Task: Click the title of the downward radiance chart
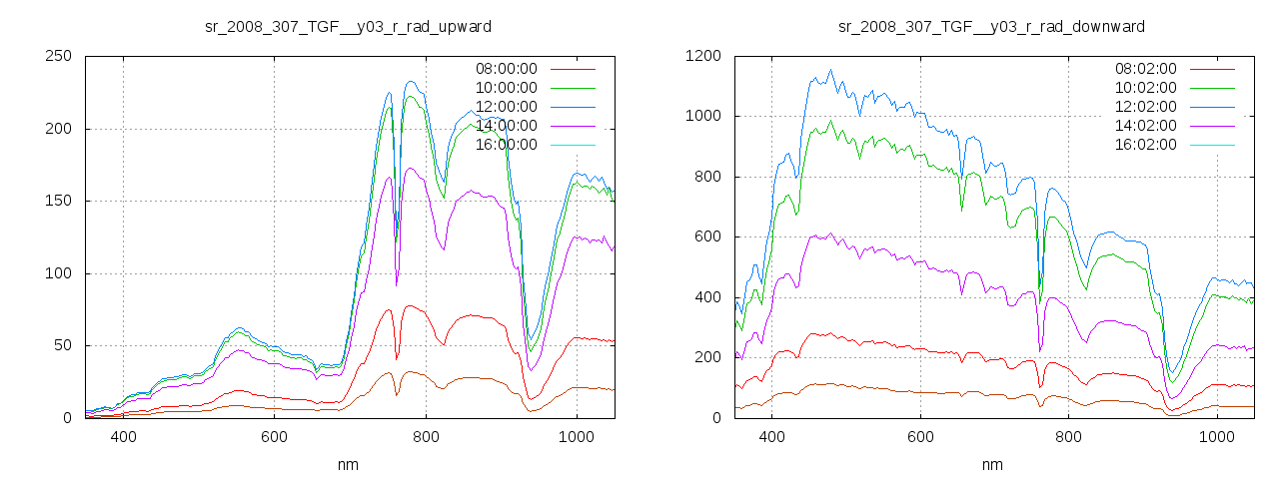pyautogui.click(x=991, y=26)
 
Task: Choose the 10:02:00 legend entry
pyautogui.click(x=1146, y=88)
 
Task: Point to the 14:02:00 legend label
pyautogui.click(x=1146, y=126)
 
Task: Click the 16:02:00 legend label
pyautogui.click(x=1146, y=145)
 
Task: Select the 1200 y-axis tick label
pyautogui.click(x=704, y=57)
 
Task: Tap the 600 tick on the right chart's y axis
pyautogui.click(x=708, y=238)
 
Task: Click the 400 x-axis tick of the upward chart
pyautogui.click(x=123, y=437)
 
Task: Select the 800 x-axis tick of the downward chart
pyautogui.click(x=1068, y=437)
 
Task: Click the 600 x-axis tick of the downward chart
pyautogui.click(x=919, y=437)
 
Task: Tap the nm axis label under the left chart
pyautogui.click(x=349, y=464)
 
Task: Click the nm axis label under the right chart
pyautogui.click(x=992, y=464)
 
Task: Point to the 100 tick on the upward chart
pyautogui.click(x=59, y=273)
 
